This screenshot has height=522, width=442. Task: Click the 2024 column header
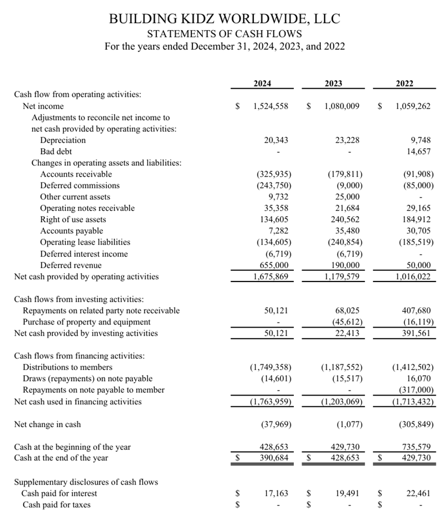click(x=262, y=83)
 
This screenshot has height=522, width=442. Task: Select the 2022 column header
click(x=405, y=83)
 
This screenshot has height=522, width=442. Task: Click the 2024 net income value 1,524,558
click(x=271, y=106)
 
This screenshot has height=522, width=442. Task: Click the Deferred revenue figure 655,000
click(x=274, y=265)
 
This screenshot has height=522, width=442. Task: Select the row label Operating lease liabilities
click(x=85, y=242)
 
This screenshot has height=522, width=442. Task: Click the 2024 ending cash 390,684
click(x=274, y=458)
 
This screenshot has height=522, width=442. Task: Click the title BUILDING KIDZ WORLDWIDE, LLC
click(x=224, y=19)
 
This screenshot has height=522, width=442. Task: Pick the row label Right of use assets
click(x=73, y=219)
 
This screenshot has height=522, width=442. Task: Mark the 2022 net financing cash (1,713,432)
click(x=412, y=401)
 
